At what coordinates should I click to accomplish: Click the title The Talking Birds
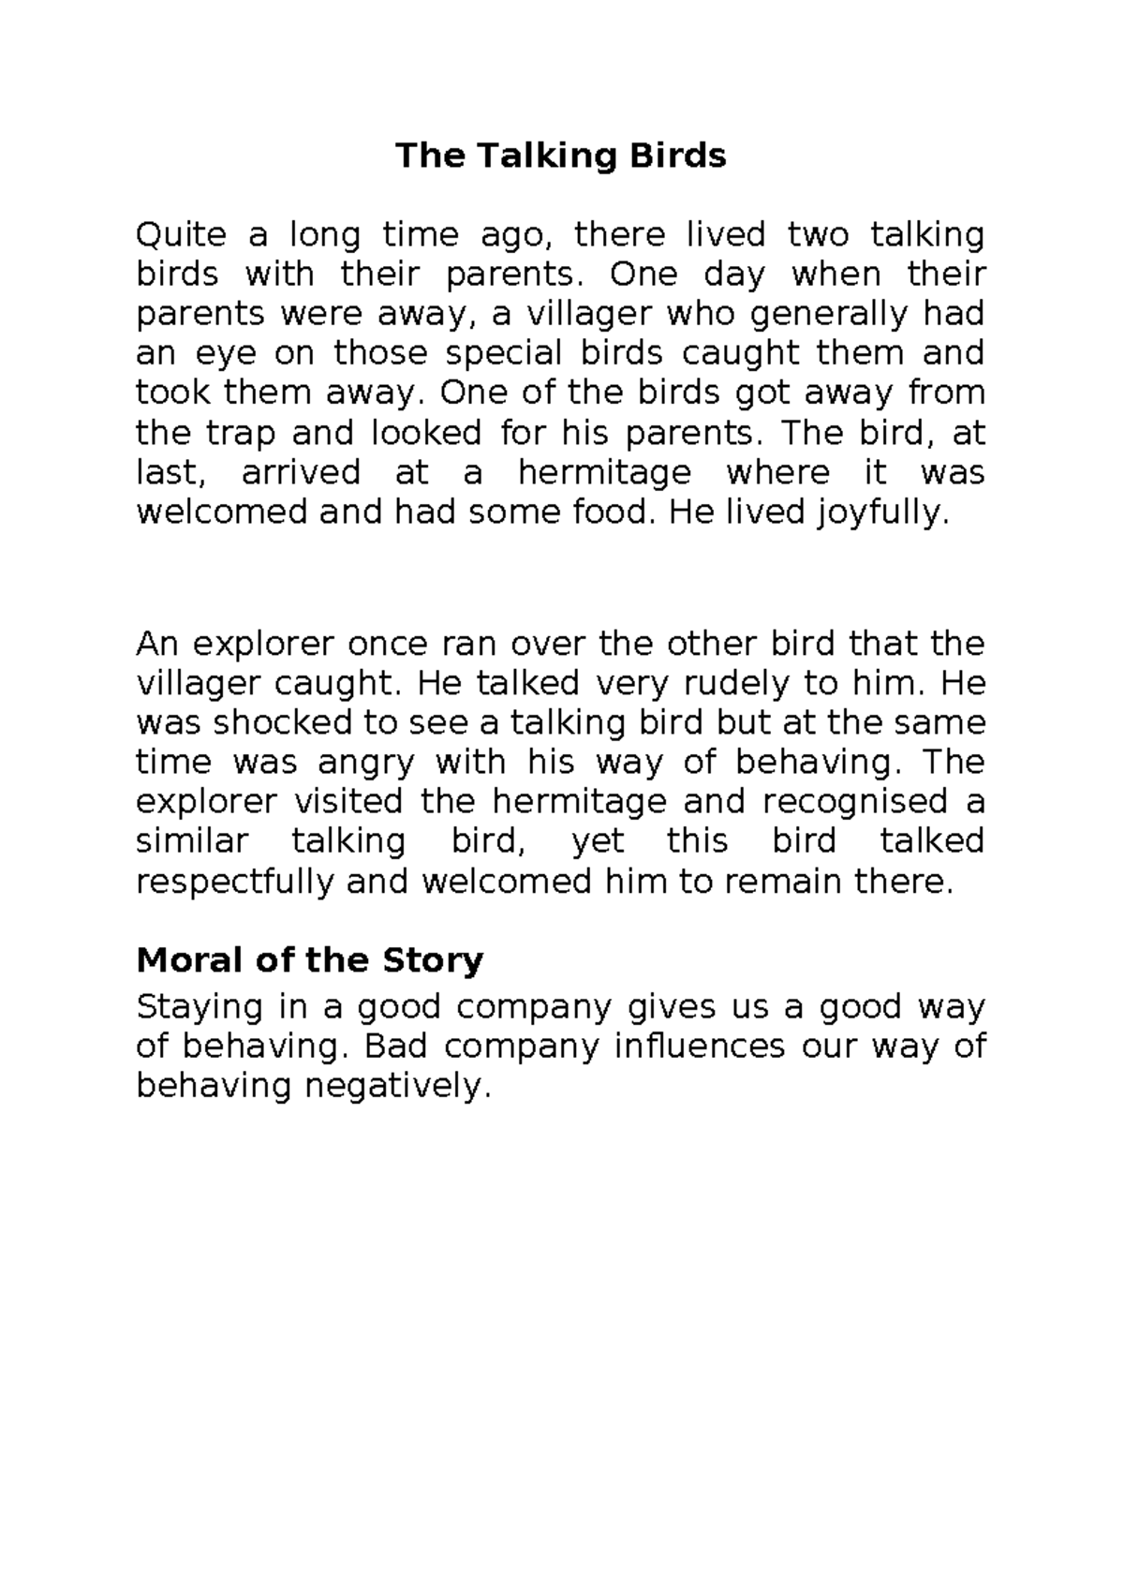point(560,156)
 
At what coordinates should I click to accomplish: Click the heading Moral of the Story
point(309,960)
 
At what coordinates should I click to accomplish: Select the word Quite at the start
point(181,234)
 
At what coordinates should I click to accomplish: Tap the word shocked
point(274,723)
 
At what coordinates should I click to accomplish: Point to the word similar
point(192,841)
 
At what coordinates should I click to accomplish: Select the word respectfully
point(235,883)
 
